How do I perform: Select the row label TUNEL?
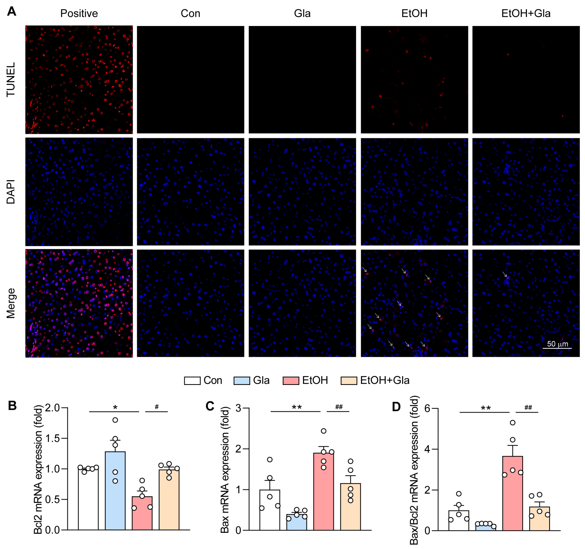11,80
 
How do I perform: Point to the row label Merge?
11,303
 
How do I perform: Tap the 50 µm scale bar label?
557,344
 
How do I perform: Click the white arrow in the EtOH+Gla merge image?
504,274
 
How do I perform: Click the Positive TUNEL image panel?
79,80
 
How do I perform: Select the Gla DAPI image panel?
302,192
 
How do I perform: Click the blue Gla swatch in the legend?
242,381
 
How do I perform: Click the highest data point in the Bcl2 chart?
115,420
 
